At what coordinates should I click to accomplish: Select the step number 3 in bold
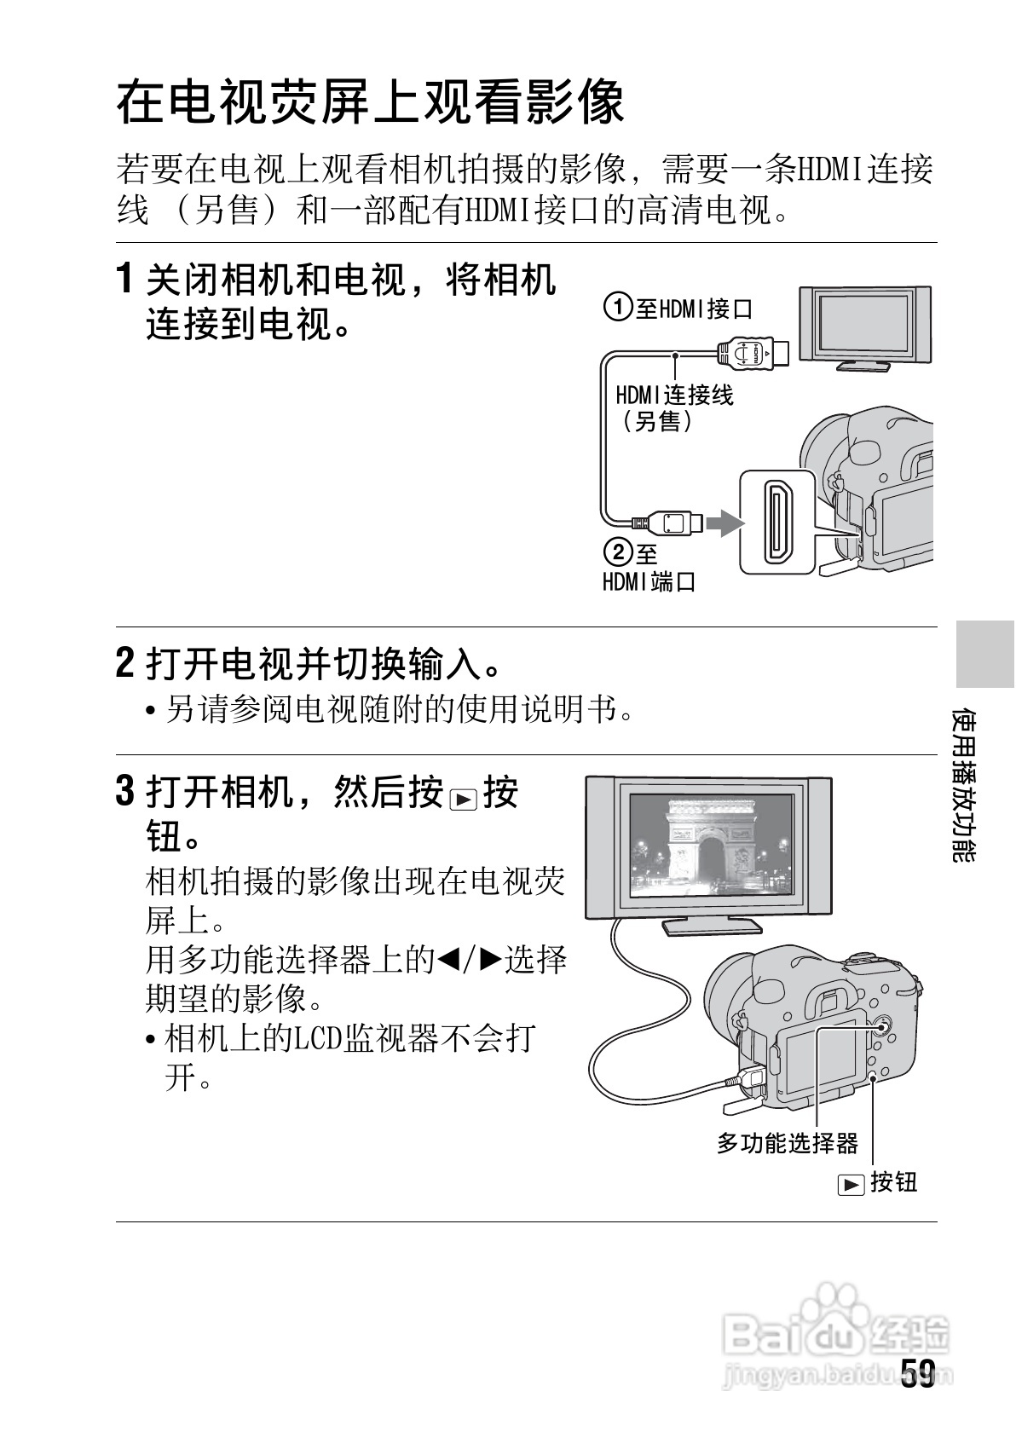124,792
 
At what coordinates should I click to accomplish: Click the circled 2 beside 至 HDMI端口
618,553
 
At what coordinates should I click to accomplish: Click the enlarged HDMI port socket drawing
777,521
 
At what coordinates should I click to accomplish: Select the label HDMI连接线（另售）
673,407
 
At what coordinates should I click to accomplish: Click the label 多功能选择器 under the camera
787,1143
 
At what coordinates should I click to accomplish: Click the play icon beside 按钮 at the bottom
851,1185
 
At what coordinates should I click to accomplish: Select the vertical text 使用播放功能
964,784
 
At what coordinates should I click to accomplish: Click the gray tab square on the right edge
984,655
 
